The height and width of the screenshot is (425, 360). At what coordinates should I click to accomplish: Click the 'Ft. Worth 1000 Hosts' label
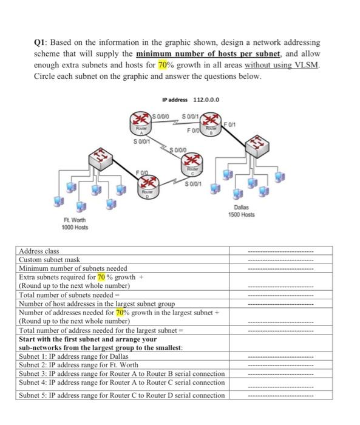75,223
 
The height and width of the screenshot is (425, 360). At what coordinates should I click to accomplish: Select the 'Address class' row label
40,251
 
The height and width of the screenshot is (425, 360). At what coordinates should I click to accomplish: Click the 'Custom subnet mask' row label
50,259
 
